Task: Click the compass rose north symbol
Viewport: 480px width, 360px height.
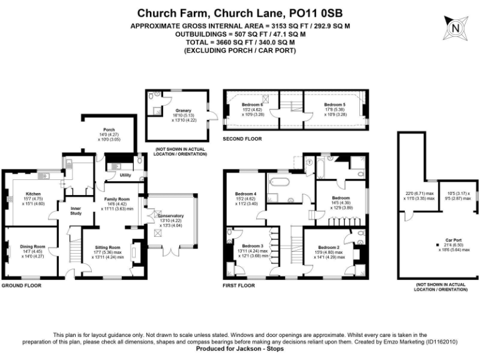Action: tap(456, 28)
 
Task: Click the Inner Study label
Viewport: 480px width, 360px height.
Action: tap(76, 211)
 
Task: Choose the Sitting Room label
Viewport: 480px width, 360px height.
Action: tap(107, 247)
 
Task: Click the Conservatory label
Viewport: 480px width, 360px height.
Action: tap(171, 216)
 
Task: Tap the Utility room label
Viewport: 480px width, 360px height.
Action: tap(125, 175)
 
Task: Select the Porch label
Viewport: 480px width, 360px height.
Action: tap(109, 130)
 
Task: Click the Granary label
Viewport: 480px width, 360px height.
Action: tap(183, 110)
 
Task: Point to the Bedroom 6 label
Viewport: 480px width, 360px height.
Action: tap(253, 105)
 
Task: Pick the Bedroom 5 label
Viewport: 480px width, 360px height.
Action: tap(334, 105)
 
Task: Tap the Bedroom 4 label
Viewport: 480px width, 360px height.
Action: tap(246, 193)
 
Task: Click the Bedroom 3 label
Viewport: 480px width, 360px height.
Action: tap(252, 246)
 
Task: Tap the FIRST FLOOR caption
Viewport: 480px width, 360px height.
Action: tap(239, 285)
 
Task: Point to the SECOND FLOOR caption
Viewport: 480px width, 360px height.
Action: tap(242, 138)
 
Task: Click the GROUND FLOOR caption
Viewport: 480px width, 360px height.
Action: tap(21, 285)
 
